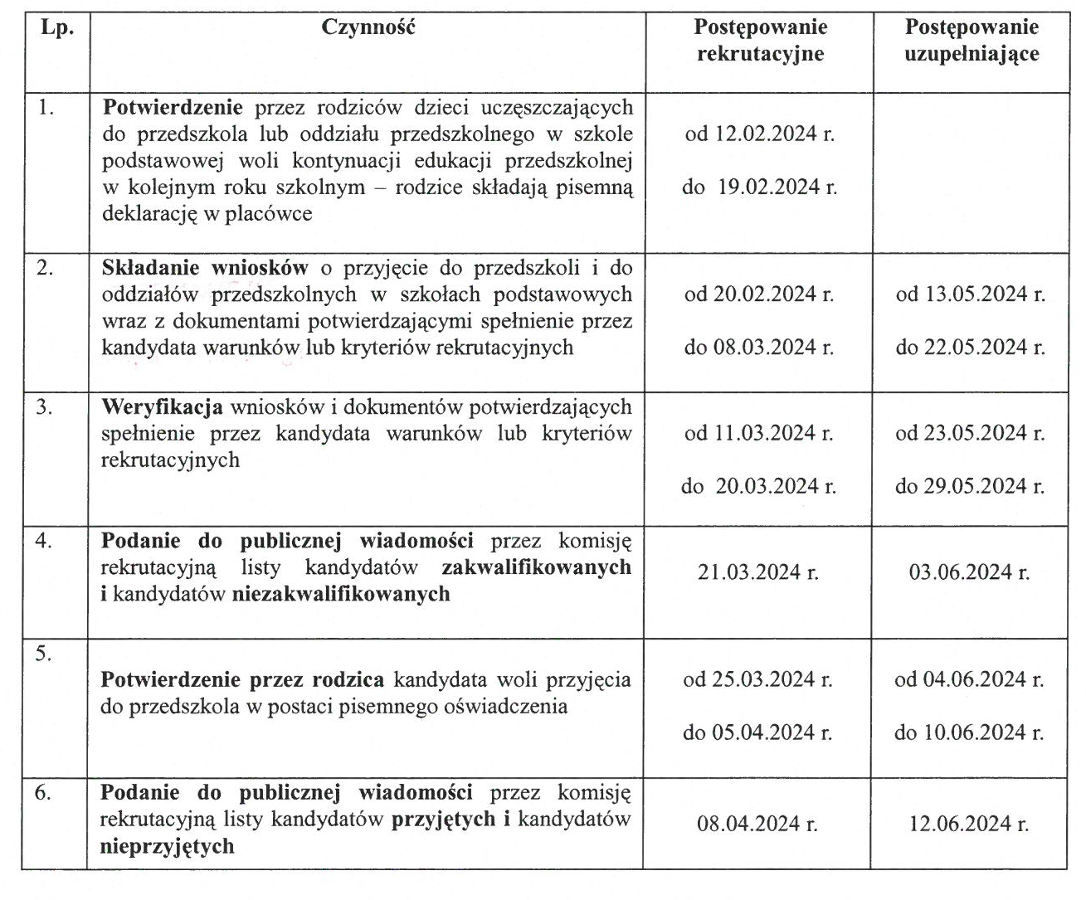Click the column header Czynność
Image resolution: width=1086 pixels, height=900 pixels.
click(368, 27)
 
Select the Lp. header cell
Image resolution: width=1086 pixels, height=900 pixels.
click(57, 27)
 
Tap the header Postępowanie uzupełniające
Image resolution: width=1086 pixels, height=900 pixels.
click(971, 41)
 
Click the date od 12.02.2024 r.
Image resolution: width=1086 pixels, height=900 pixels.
click(759, 134)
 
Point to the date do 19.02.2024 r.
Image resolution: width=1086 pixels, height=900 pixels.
click(759, 187)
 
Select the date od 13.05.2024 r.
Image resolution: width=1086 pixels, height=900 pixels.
click(970, 294)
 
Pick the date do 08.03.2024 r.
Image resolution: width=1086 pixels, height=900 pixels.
click(759, 348)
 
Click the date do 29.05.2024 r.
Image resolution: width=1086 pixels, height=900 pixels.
click(970, 486)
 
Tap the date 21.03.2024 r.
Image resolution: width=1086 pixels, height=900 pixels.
click(758, 572)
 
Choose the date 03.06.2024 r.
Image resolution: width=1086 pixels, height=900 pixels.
click(969, 572)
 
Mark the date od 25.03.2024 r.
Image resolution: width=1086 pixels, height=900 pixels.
click(757, 680)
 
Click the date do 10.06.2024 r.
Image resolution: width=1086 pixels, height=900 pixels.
click(969, 733)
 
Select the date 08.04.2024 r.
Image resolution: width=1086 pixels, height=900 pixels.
click(757, 825)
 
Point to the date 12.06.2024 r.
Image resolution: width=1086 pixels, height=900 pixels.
click(969, 825)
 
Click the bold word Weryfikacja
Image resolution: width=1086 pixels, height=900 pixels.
click(162, 407)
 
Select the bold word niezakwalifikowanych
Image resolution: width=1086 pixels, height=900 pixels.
click(341, 594)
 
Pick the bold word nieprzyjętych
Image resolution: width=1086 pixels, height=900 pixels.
click(167, 847)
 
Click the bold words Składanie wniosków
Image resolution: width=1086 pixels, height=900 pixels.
click(205, 268)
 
